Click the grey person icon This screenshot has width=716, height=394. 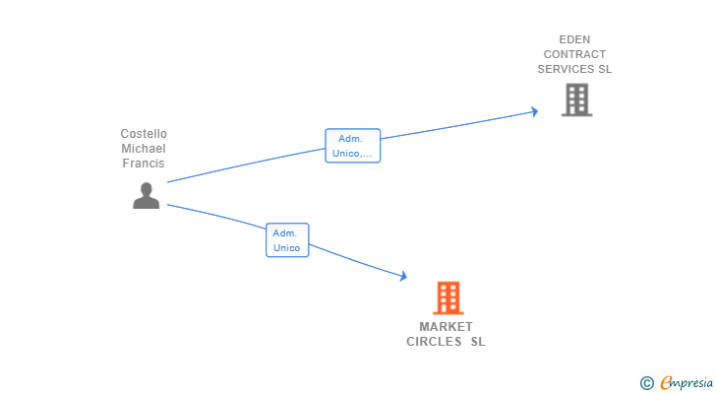146,196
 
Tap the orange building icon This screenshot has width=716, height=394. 447,297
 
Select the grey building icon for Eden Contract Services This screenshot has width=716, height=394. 576,99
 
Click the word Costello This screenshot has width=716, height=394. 144,134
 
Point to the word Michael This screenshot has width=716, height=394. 144,149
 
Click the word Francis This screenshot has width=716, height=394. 144,164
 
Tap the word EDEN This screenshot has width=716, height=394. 574,40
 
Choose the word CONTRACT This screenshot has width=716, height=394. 574,55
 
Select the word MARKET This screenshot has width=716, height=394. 446,327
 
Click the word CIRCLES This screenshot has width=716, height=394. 434,343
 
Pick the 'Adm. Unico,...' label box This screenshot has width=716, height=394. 352,146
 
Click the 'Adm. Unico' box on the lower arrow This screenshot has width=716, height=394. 287,240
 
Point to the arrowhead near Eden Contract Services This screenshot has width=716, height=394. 534,111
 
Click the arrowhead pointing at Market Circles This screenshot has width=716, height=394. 402,277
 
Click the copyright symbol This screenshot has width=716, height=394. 646,383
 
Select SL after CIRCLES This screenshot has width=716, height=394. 478,343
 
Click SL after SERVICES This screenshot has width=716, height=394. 605,70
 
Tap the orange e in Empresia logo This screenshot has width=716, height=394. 666,383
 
